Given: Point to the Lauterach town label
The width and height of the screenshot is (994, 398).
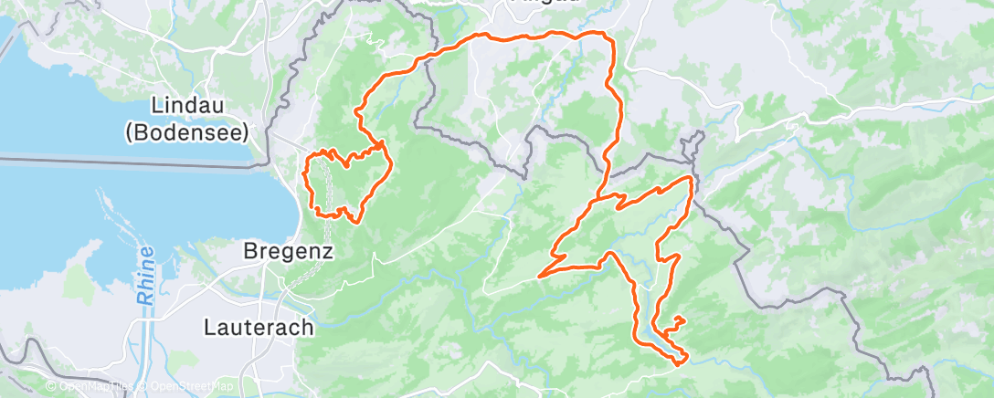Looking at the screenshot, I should click(x=259, y=326).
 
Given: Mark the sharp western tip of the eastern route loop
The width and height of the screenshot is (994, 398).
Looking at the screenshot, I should click(x=541, y=275).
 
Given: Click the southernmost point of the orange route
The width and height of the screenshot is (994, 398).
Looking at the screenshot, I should click(x=679, y=363).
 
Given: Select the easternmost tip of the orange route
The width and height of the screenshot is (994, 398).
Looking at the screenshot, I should click(x=692, y=177).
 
